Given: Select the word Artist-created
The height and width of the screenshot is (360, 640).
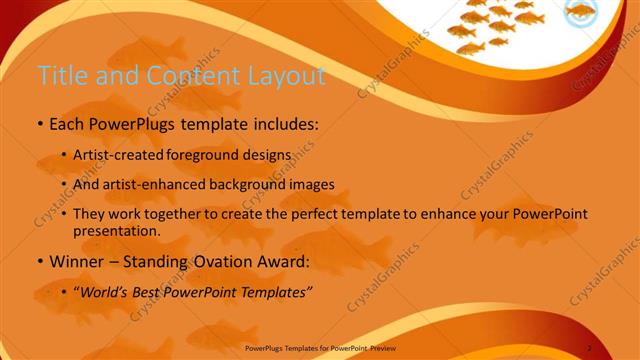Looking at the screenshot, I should [x=120, y=156].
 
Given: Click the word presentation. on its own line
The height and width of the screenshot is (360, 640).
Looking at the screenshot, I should [x=117, y=230].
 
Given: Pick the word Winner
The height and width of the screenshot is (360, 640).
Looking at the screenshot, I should [x=75, y=262].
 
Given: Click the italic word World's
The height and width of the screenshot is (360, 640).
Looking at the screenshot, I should [x=105, y=292].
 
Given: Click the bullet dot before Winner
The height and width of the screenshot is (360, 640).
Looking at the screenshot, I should [x=39, y=263].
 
